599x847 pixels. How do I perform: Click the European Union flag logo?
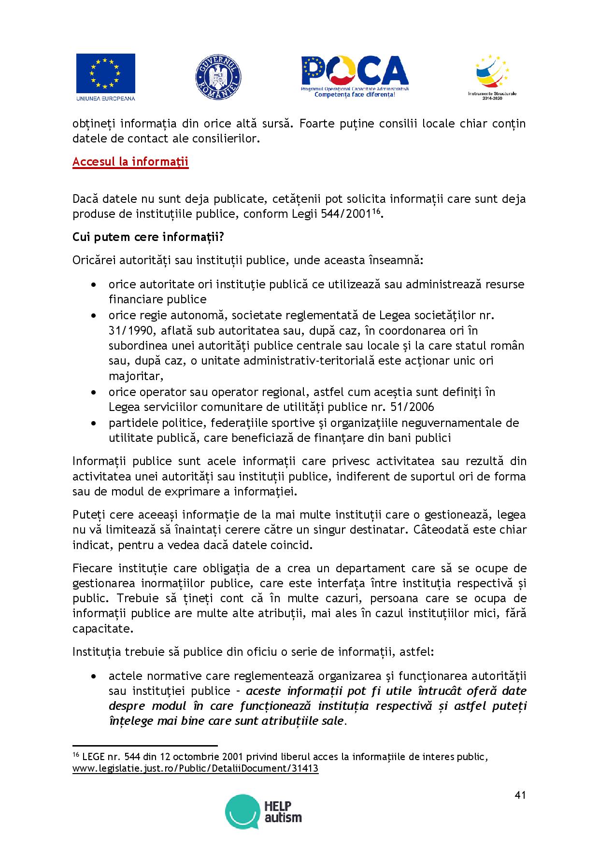[105, 73]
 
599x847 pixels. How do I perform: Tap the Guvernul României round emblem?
[218, 78]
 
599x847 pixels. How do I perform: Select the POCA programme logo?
[355, 76]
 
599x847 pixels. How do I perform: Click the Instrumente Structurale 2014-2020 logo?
[492, 75]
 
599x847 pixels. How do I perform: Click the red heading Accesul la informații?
[130, 162]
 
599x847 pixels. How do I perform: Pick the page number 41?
[520, 795]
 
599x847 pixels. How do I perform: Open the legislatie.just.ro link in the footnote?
[196, 768]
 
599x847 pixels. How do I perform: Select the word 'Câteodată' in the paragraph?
[440, 530]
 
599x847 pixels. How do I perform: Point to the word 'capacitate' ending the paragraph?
[101, 629]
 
